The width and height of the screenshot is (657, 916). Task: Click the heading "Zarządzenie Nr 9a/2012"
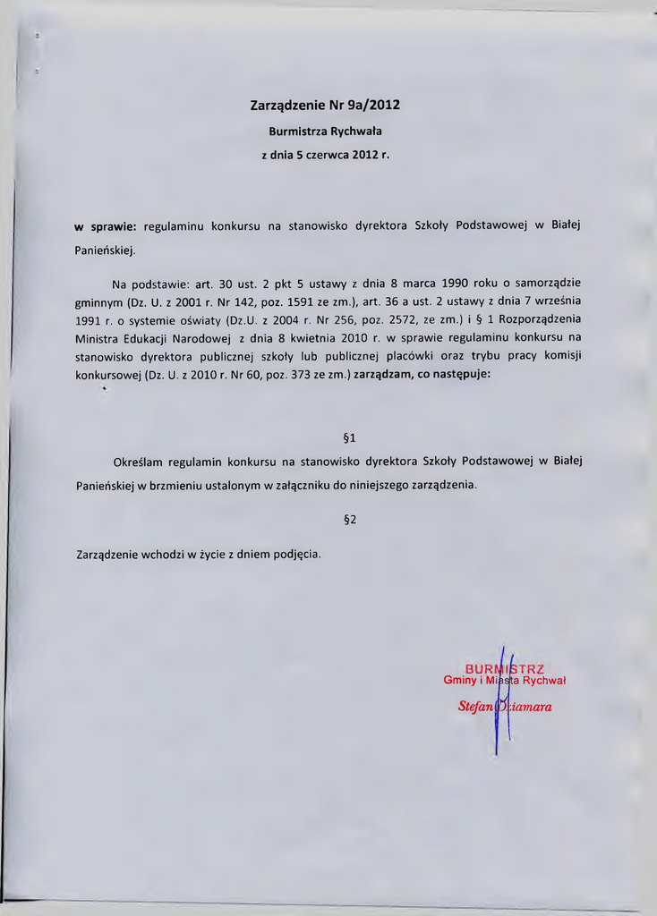point(325,105)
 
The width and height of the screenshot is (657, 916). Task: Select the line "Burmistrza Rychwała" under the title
point(325,131)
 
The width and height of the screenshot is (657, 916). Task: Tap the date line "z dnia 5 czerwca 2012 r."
point(325,155)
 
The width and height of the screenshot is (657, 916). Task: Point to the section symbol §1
point(350,438)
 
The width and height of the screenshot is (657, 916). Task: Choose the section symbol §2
point(350,520)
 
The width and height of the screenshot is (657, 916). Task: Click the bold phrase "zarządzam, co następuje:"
point(422,375)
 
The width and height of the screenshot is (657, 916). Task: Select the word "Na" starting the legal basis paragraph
point(119,284)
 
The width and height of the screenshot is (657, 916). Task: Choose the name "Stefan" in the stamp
point(475,707)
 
